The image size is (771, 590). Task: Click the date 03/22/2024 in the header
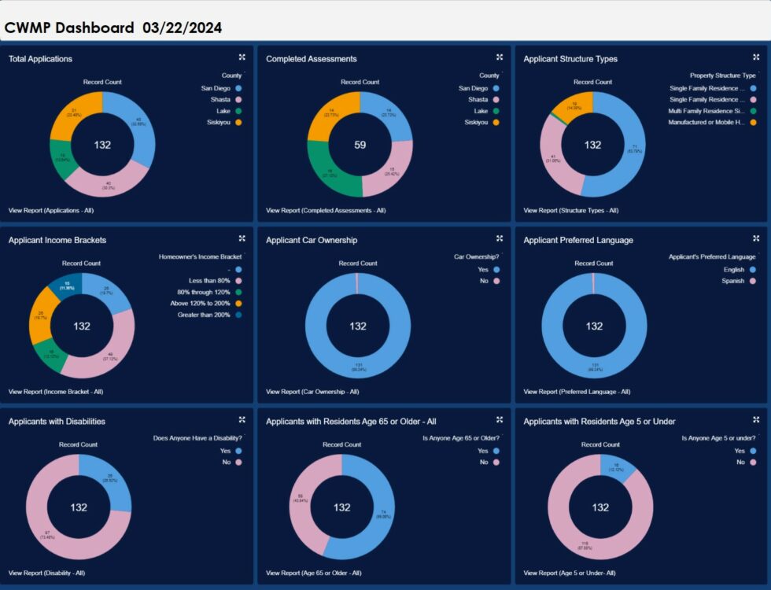click(x=182, y=28)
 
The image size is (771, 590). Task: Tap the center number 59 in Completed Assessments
click(x=360, y=145)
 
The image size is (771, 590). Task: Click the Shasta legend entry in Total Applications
click(x=220, y=100)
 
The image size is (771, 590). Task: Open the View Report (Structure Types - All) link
click(x=570, y=210)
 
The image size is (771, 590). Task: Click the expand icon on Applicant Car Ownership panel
click(x=500, y=238)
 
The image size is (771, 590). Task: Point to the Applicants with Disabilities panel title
click(x=57, y=422)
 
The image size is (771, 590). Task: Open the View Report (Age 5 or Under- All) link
click(x=570, y=573)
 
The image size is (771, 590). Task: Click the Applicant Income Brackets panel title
click(x=57, y=240)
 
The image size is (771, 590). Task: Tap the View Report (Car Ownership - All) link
click(x=312, y=391)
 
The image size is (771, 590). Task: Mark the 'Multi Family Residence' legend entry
click(x=706, y=111)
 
